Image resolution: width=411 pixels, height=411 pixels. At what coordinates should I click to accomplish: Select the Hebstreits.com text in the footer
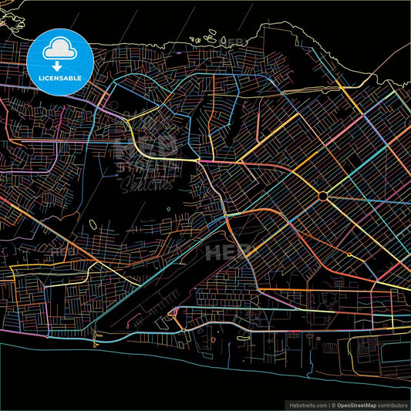pos(308,403)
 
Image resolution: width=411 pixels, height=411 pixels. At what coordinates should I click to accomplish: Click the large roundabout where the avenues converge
pos(322,197)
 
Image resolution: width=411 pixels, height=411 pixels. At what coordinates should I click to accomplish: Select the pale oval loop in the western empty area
pos(93,225)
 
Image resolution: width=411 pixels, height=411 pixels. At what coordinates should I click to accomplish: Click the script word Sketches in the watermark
pos(145,184)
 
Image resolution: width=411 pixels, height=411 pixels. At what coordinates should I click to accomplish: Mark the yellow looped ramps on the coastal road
pos(171,315)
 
